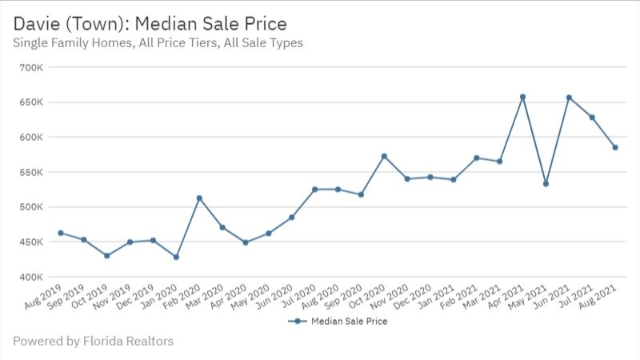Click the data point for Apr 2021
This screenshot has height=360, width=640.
tap(522, 97)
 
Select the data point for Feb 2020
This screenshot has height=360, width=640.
tap(199, 198)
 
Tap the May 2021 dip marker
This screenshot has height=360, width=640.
tap(546, 183)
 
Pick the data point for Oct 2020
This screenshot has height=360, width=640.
tap(384, 156)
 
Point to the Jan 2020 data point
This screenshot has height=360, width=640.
tap(176, 257)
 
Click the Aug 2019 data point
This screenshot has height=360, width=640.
tap(61, 233)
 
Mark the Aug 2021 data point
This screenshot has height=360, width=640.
tap(615, 147)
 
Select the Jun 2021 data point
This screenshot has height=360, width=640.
tap(569, 98)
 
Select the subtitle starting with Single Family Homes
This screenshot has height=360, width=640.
tap(158, 42)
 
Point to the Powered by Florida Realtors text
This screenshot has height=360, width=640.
tap(93, 342)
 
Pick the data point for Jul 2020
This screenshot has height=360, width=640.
tap(314, 189)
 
